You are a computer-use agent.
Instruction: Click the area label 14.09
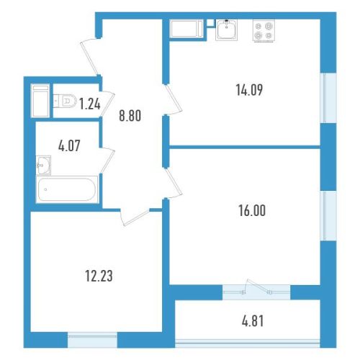(249, 90)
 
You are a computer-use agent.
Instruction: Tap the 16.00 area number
(252, 210)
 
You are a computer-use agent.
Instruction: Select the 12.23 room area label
(99, 276)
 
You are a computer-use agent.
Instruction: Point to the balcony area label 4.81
(253, 321)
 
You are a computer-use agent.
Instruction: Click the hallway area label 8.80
(130, 116)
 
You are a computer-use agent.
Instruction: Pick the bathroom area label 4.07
(69, 146)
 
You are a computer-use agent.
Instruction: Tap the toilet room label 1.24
(90, 104)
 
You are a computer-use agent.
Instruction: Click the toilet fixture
(65, 101)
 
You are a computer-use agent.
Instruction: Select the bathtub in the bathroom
(67, 189)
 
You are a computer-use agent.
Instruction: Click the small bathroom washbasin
(43, 165)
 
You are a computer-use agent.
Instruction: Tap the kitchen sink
(226, 30)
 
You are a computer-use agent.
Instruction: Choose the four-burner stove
(264, 31)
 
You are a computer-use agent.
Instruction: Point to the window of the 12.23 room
(92, 340)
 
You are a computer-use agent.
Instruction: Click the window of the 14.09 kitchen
(328, 98)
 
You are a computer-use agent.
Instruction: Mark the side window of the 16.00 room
(328, 216)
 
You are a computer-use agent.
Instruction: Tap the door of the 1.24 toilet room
(107, 104)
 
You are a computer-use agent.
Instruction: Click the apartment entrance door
(91, 57)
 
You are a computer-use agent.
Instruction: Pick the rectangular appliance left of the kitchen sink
(186, 29)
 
